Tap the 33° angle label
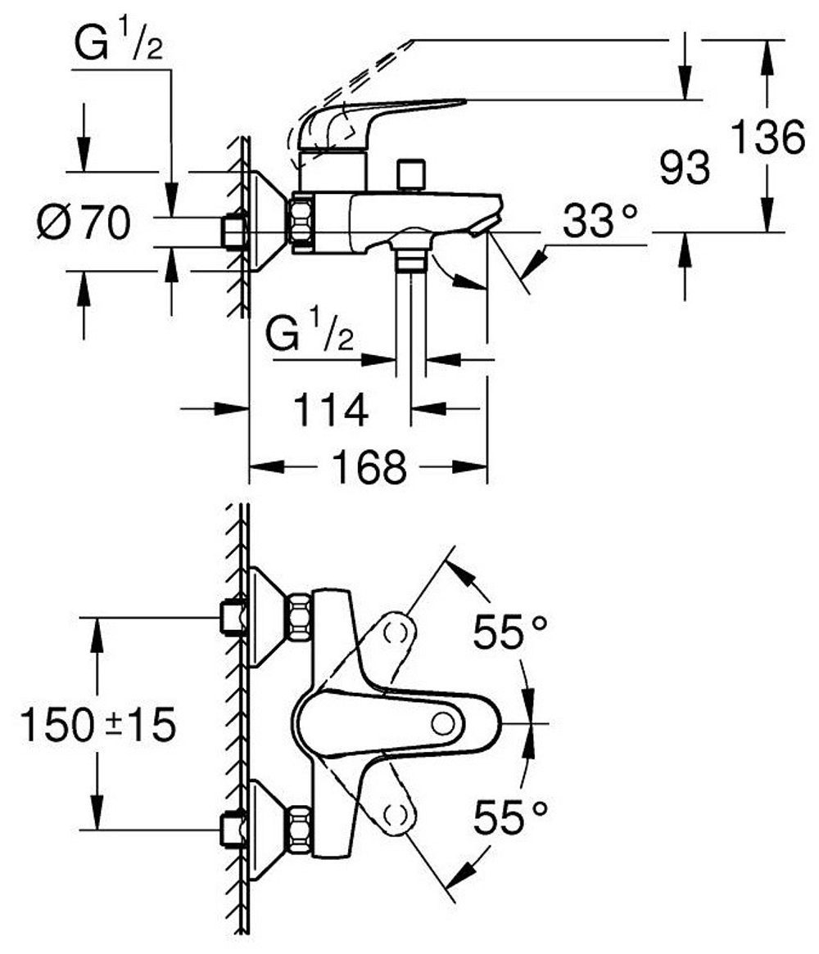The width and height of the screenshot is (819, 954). click(x=599, y=222)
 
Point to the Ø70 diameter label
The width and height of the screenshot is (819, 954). click(x=84, y=223)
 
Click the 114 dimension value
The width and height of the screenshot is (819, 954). click(x=332, y=409)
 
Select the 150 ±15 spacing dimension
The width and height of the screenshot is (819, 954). click(x=98, y=725)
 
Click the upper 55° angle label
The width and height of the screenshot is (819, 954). click(x=509, y=631)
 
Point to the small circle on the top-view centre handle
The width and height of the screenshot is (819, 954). click(x=443, y=723)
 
